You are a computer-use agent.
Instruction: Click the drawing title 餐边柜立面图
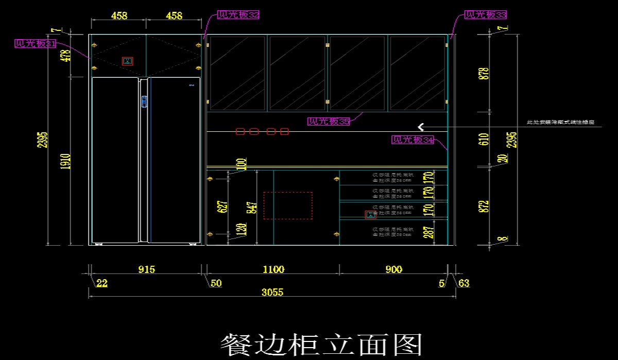pyautogui.click(x=321, y=344)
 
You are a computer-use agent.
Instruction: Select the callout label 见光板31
pyautogui.click(x=35, y=44)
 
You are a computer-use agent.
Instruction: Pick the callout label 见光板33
pyautogui.click(x=486, y=15)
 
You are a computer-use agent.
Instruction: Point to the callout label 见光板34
pyautogui.click(x=413, y=140)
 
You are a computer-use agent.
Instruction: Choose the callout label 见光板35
pyautogui.click(x=329, y=122)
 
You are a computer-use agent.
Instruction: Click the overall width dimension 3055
pyautogui.click(x=272, y=292)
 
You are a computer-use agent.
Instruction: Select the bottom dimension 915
pyautogui.click(x=146, y=269)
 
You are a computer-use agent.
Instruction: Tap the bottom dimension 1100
pyautogui.click(x=273, y=269)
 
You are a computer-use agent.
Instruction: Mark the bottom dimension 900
pyautogui.click(x=393, y=269)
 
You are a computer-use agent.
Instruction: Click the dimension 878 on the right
pyautogui.click(x=484, y=73)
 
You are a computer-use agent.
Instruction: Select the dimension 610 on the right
pyautogui.click(x=484, y=140)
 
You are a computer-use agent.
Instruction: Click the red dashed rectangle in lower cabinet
pyautogui.click(x=288, y=205)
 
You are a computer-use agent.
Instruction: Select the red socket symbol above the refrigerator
pyautogui.click(x=127, y=61)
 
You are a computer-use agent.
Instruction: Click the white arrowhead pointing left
pyautogui.click(x=421, y=127)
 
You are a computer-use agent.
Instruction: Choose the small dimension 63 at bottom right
pyautogui.click(x=463, y=283)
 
